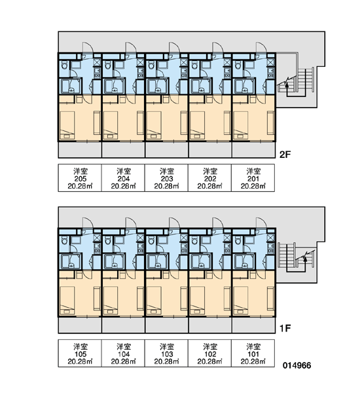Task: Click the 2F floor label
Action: tap(285, 155)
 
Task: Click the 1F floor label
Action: tap(285, 328)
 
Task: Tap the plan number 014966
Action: tap(297, 365)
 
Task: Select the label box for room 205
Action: tap(80, 178)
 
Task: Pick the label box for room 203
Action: tap(167, 178)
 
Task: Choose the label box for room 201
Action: tap(253, 178)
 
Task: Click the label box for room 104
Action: tap(123, 354)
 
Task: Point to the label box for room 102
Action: tap(210, 354)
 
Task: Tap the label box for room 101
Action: tap(253, 354)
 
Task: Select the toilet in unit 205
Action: tap(64, 66)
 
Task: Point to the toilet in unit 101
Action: tap(238, 241)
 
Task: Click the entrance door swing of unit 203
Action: tap(174, 48)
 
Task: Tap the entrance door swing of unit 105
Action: tap(88, 223)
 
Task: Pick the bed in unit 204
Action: tap(111, 125)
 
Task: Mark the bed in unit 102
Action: tap(197, 301)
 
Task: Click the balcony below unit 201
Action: tap(253, 150)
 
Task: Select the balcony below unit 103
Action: tap(167, 326)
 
